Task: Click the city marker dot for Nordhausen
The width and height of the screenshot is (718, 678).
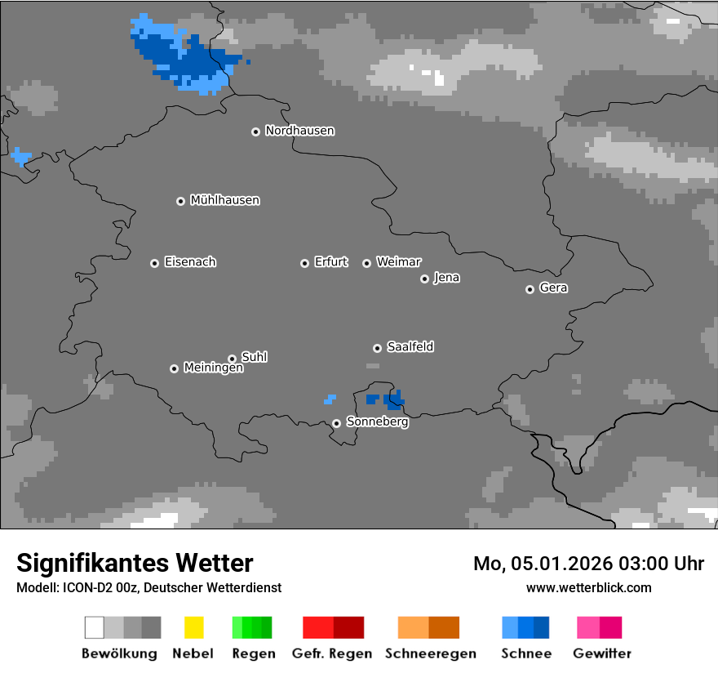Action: tap(255, 132)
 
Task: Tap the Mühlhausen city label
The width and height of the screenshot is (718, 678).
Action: tap(224, 200)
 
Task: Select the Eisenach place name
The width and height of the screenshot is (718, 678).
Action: tap(190, 262)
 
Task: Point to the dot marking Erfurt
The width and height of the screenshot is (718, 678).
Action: tap(304, 263)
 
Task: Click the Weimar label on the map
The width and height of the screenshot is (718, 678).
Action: tap(398, 262)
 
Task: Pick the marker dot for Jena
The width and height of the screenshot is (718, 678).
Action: tap(424, 279)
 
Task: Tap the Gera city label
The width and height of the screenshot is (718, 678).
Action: tap(553, 288)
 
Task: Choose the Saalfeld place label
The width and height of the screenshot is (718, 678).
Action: tap(410, 347)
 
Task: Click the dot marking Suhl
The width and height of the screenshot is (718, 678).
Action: tap(232, 359)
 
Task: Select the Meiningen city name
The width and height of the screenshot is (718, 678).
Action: tap(213, 368)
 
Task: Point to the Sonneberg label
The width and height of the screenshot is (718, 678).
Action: tap(377, 422)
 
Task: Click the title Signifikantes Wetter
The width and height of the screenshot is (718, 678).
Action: tap(135, 563)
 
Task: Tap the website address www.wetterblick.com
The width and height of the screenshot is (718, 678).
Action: tap(588, 587)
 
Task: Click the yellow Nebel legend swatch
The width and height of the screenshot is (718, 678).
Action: tap(193, 627)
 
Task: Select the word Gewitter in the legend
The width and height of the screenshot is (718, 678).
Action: tap(601, 653)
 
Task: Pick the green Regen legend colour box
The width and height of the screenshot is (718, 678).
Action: tap(252, 627)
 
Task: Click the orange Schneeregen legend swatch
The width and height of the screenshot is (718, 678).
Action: tap(428, 627)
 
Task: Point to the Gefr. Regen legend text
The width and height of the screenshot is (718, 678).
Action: tap(332, 653)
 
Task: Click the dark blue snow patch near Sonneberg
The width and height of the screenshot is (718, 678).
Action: tap(393, 399)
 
